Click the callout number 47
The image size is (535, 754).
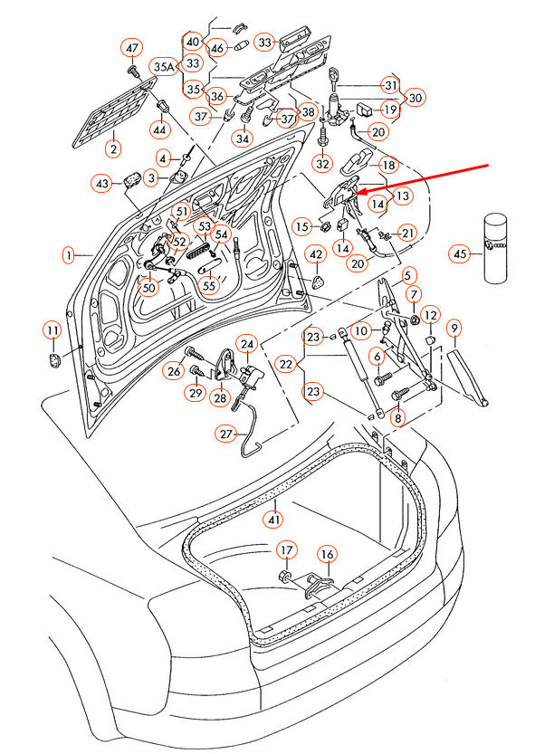pyautogui.click(x=133, y=47)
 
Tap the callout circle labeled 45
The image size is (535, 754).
pyautogui.click(x=461, y=254)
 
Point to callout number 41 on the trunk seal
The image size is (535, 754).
pyautogui.click(x=272, y=519)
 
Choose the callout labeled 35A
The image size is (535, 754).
pyautogui.click(x=165, y=66)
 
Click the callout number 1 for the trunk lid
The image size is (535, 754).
pyautogui.click(x=68, y=256)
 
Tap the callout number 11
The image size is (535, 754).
pyautogui.click(x=53, y=329)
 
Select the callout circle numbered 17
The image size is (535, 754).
pyautogui.click(x=286, y=550)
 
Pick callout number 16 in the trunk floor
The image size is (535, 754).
pyautogui.click(x=327, y=554)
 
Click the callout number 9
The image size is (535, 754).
pyautogui.click(x=454, y=327)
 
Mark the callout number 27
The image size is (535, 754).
pyautogui.click(x=225, y=434)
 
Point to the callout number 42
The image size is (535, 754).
pyautogui.click(x=316, y=255)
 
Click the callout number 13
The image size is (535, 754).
pyautogui.click(x=402, y=195)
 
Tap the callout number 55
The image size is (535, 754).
pyautogui.click(x=209, y=286)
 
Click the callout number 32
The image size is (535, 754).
pyautogui.click(x=322, y=164)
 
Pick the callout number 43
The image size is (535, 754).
pyautogui.click(x=102, y=184)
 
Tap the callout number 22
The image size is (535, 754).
pyautogui.click(x=287, y=364)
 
